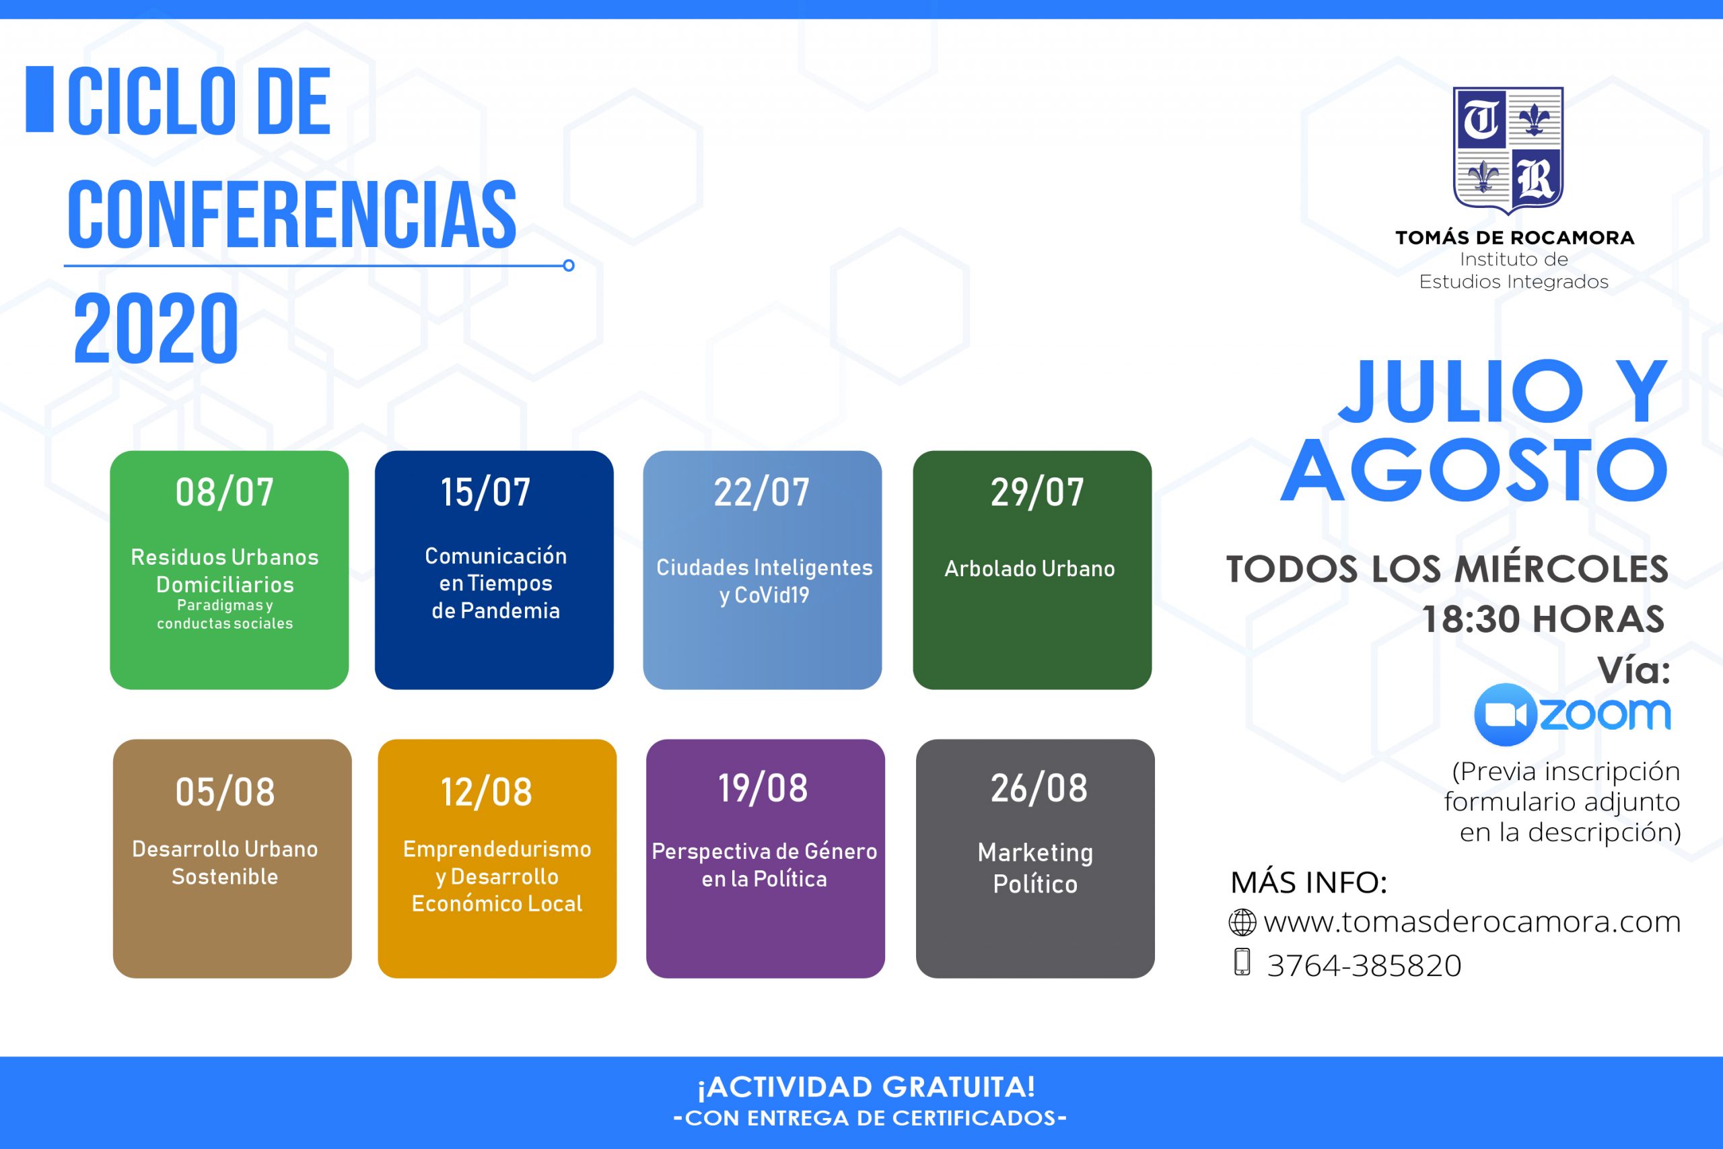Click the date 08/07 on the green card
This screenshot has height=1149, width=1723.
[224, 491]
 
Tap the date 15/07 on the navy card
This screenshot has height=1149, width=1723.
[485, 491]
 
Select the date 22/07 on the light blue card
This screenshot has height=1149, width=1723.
[762, 491]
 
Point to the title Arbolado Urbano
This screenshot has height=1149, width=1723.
[1029, 568]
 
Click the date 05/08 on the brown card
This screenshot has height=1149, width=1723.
[225, 792]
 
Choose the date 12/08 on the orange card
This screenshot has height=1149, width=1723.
[487, 792]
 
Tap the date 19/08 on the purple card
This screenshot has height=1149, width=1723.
[763, 788]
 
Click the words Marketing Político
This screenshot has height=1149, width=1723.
[1035, 868]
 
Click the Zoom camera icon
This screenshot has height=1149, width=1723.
[1505, 714]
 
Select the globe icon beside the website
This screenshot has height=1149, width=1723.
[1242, 923]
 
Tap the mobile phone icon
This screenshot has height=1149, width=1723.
[1242, 961]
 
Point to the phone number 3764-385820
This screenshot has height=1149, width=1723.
[1364, 965]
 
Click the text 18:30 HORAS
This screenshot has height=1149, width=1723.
[1543, 619]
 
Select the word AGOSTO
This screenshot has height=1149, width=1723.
[1475, 470]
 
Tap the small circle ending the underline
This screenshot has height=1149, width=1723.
[569, 265]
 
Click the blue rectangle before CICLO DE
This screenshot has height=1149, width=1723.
[40, 100]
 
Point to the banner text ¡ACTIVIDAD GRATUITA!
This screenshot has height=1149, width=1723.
[867, 1088]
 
